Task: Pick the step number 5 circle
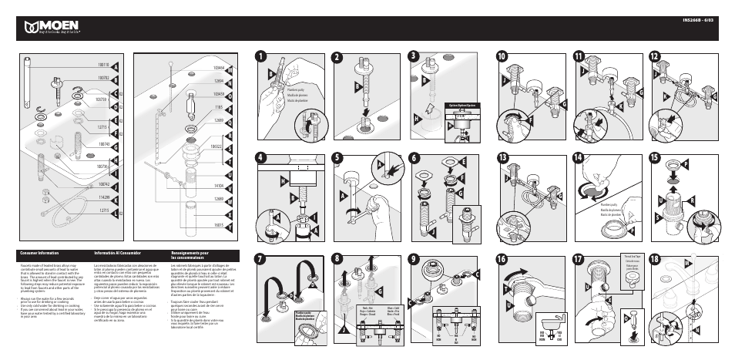tap(337, 157)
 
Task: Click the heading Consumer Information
tap(39, 252)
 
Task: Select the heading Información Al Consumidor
tap(116, 252)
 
